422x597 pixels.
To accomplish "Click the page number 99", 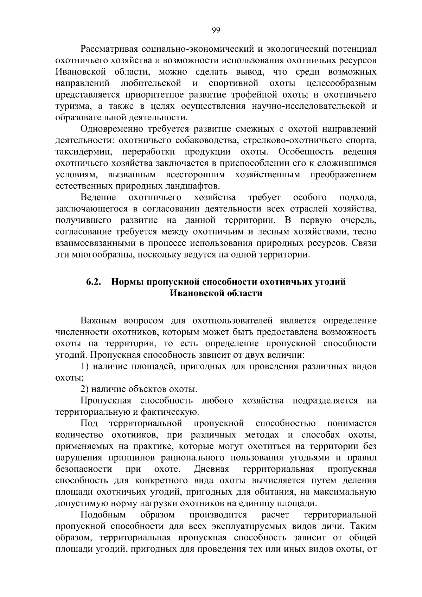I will pyautogui.click(x=216, y=30).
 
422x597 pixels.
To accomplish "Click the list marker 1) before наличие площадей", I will pyautogui.click(x=84, y=366).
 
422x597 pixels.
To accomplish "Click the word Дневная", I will pyautogui.click(x=211, y=469).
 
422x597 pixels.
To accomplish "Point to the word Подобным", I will pyautogui.click(x=103, y=515).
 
